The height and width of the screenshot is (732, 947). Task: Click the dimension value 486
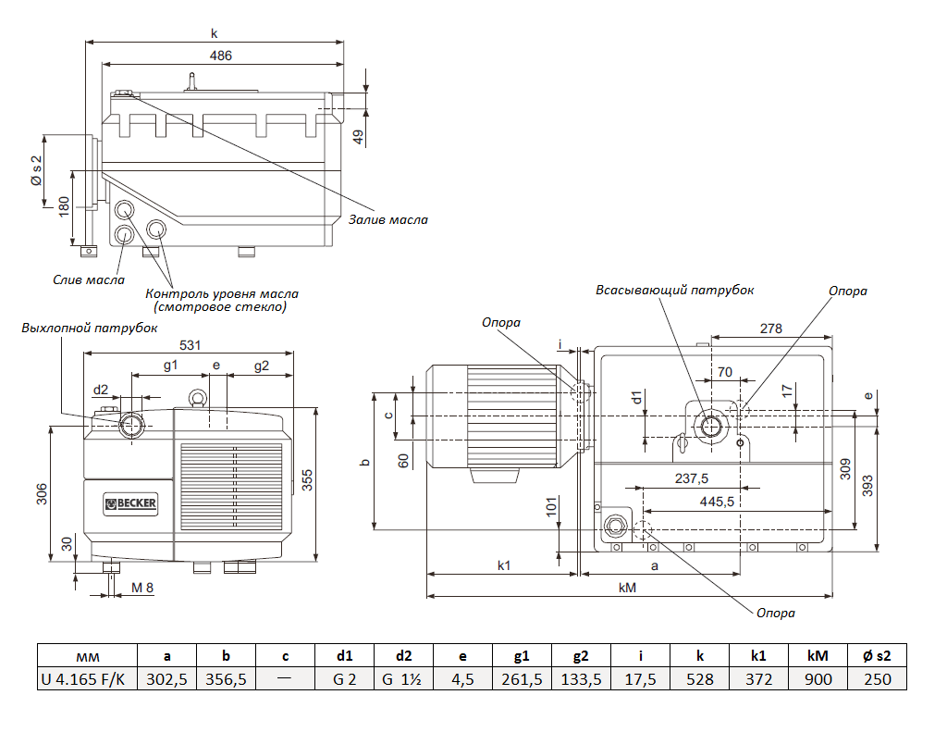[x=220, y=56]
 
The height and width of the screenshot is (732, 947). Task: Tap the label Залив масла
[x=388, y=220]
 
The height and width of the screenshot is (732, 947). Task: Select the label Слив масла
[x=89, y=279]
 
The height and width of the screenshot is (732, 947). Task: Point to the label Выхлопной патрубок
[x=89, y=328]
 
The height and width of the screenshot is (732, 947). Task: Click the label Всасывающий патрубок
[x=675, y=290]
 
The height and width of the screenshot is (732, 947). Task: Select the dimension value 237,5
[x=691, y=478]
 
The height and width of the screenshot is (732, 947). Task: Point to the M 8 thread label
[x=142, y=588]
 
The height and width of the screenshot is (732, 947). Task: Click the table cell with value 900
[x=818, y=679]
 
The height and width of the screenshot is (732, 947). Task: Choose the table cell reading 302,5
[x=167, y=679]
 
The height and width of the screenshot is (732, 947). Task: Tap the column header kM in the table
[x=818, y=656]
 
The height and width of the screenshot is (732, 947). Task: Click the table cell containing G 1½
[x=403, y=679]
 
